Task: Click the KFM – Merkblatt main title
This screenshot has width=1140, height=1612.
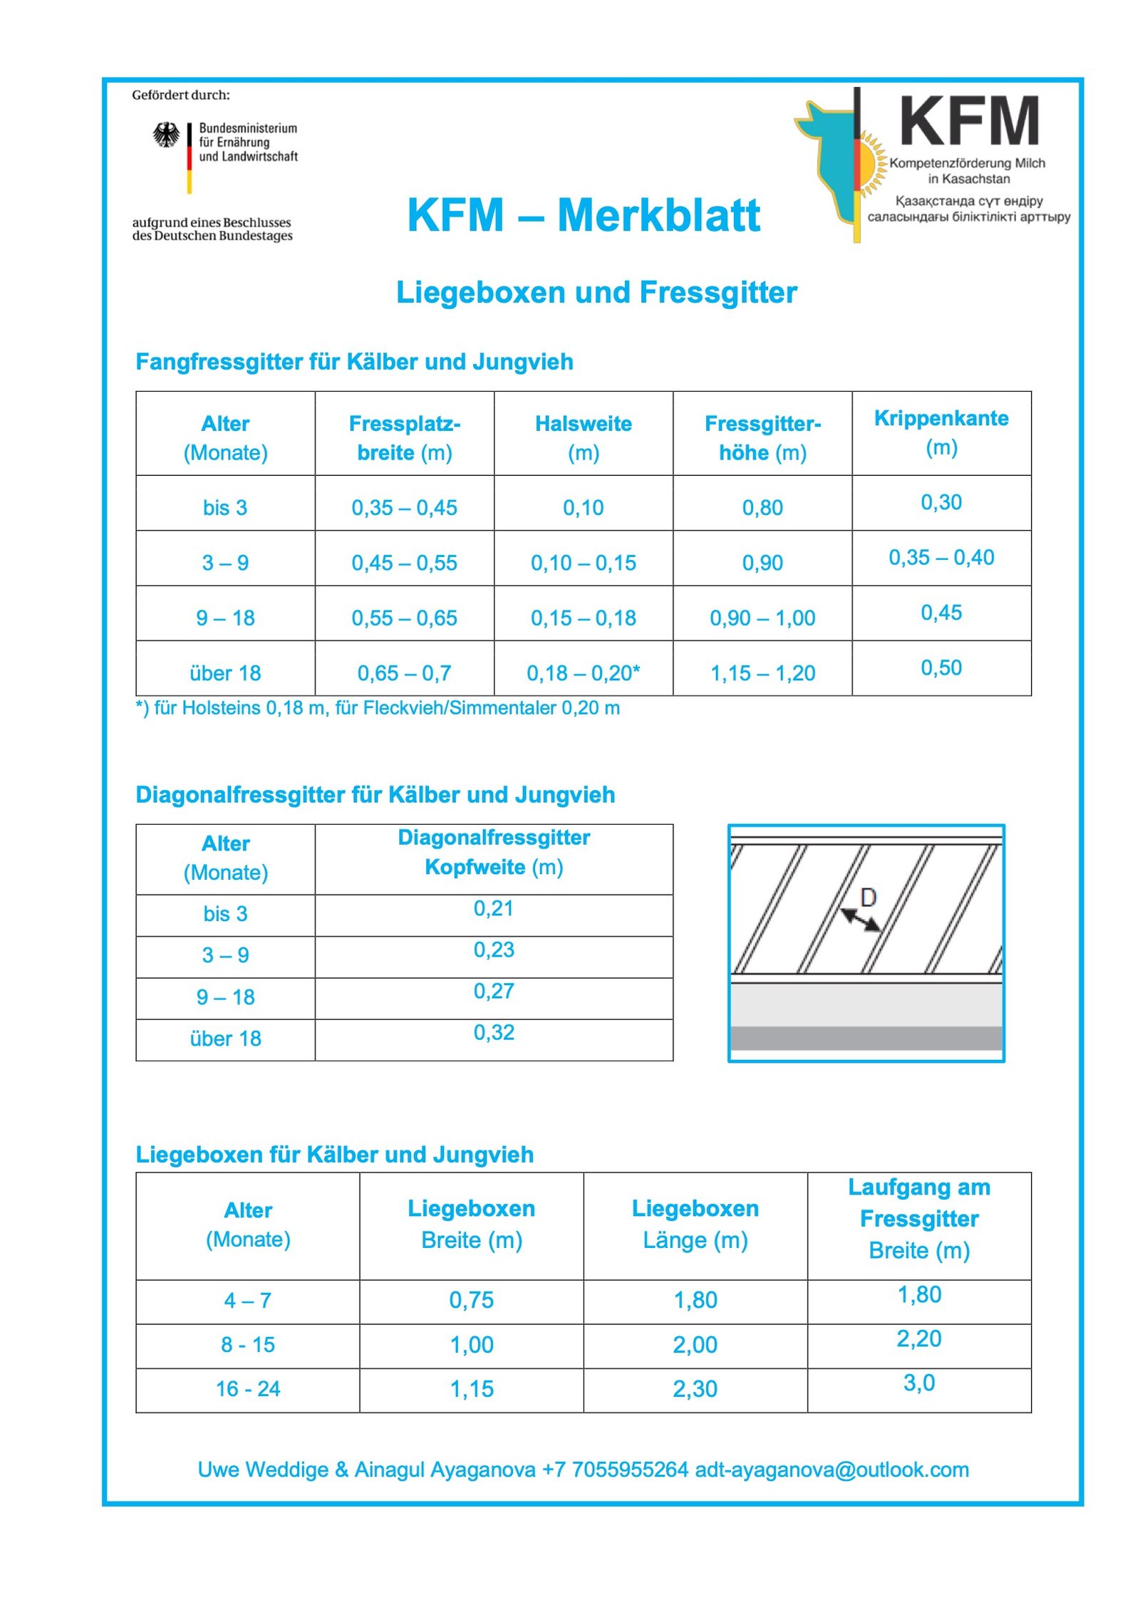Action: [x=583, y=215]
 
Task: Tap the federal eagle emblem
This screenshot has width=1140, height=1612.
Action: [x=166, y=134]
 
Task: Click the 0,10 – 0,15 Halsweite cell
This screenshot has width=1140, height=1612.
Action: [x=583, y=563]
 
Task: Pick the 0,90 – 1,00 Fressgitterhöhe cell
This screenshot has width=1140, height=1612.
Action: [x=762, y=618]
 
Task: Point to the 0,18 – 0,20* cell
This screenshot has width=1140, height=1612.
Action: [x=583, y=672]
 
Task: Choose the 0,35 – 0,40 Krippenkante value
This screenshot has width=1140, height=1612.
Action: [x=940, y=557]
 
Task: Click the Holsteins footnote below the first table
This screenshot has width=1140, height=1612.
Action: [x=378, y=708]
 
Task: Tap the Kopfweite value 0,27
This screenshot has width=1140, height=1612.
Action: [x=493, y=991]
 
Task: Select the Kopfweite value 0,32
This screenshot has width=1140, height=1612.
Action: [x=493, y=1032]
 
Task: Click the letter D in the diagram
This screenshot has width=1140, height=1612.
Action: [x=868, y=898]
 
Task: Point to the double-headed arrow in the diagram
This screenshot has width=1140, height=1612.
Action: [x=860, y=920]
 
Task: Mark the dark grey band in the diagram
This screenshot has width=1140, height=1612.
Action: [x=866, y=1038]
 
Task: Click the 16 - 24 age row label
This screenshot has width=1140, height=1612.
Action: [x=248, y=1388]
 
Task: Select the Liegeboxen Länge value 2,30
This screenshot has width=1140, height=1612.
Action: [x=695, y=1388]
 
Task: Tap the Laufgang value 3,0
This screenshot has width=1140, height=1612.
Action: [x=918, y=1383]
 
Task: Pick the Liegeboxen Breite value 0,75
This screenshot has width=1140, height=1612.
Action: [x=471, y=1300]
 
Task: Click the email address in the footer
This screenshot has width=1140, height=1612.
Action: [x=831, y=1470]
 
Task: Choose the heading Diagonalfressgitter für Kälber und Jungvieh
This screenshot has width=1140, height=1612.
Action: [x=375, y=794]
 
